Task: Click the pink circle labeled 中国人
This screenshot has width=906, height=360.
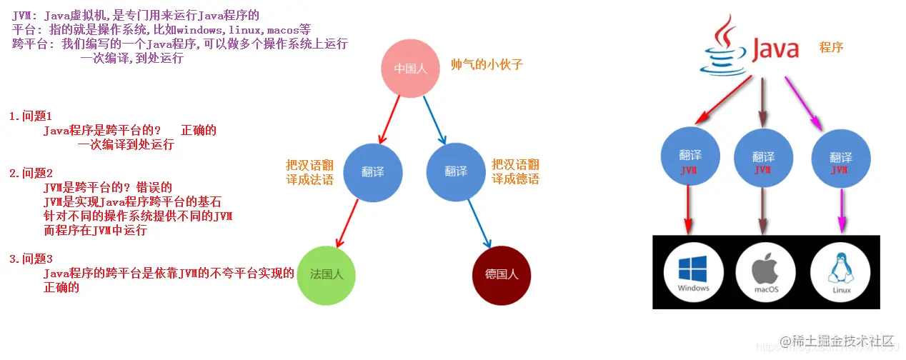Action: pos(411,69)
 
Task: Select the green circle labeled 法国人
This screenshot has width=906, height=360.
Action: pos(326,274)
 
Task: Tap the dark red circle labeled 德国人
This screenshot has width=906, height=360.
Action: pos(502,274)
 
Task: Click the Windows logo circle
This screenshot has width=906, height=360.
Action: pos(692,272)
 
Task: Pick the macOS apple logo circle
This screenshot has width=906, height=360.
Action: pos(765,272)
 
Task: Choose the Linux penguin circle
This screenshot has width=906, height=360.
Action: pos(841,272)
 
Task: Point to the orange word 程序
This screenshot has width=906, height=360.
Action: pos(831,48)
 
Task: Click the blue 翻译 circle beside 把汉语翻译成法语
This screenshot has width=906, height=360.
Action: pos(373,171)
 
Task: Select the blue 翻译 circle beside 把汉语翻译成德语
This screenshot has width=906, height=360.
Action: pos(456,171)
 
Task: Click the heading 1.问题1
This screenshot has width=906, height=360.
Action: pos(31,116)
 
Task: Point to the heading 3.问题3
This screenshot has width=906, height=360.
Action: pos(31,259)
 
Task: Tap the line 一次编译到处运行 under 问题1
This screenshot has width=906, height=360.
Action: pos(126,144)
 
